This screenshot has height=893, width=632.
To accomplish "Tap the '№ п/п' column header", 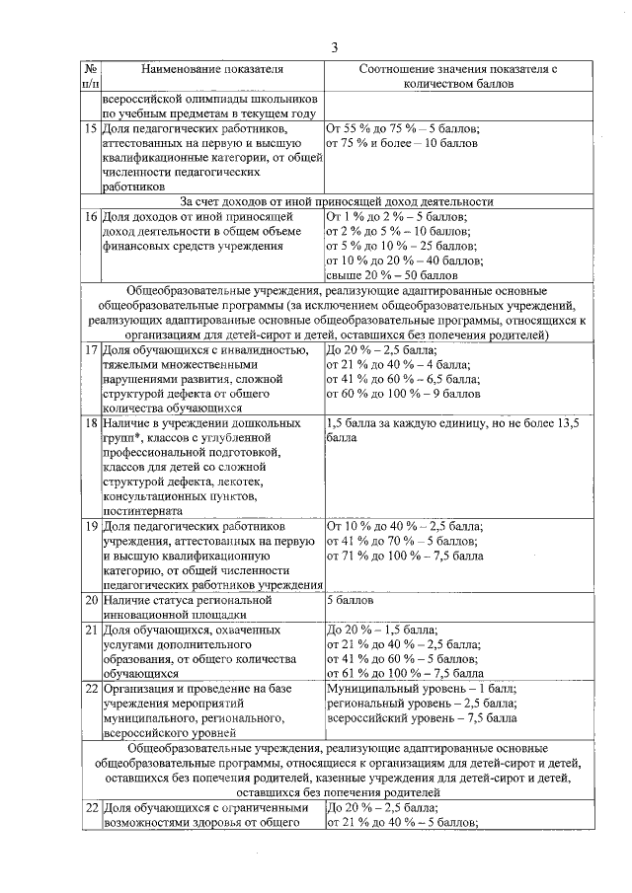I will point(89,78).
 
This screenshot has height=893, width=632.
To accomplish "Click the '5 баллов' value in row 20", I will point(349,599).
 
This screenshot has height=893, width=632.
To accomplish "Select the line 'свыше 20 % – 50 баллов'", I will point(391,275).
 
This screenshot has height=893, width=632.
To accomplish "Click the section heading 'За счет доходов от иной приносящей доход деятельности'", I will point(336,201).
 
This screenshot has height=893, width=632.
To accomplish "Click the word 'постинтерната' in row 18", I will point(142,511).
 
